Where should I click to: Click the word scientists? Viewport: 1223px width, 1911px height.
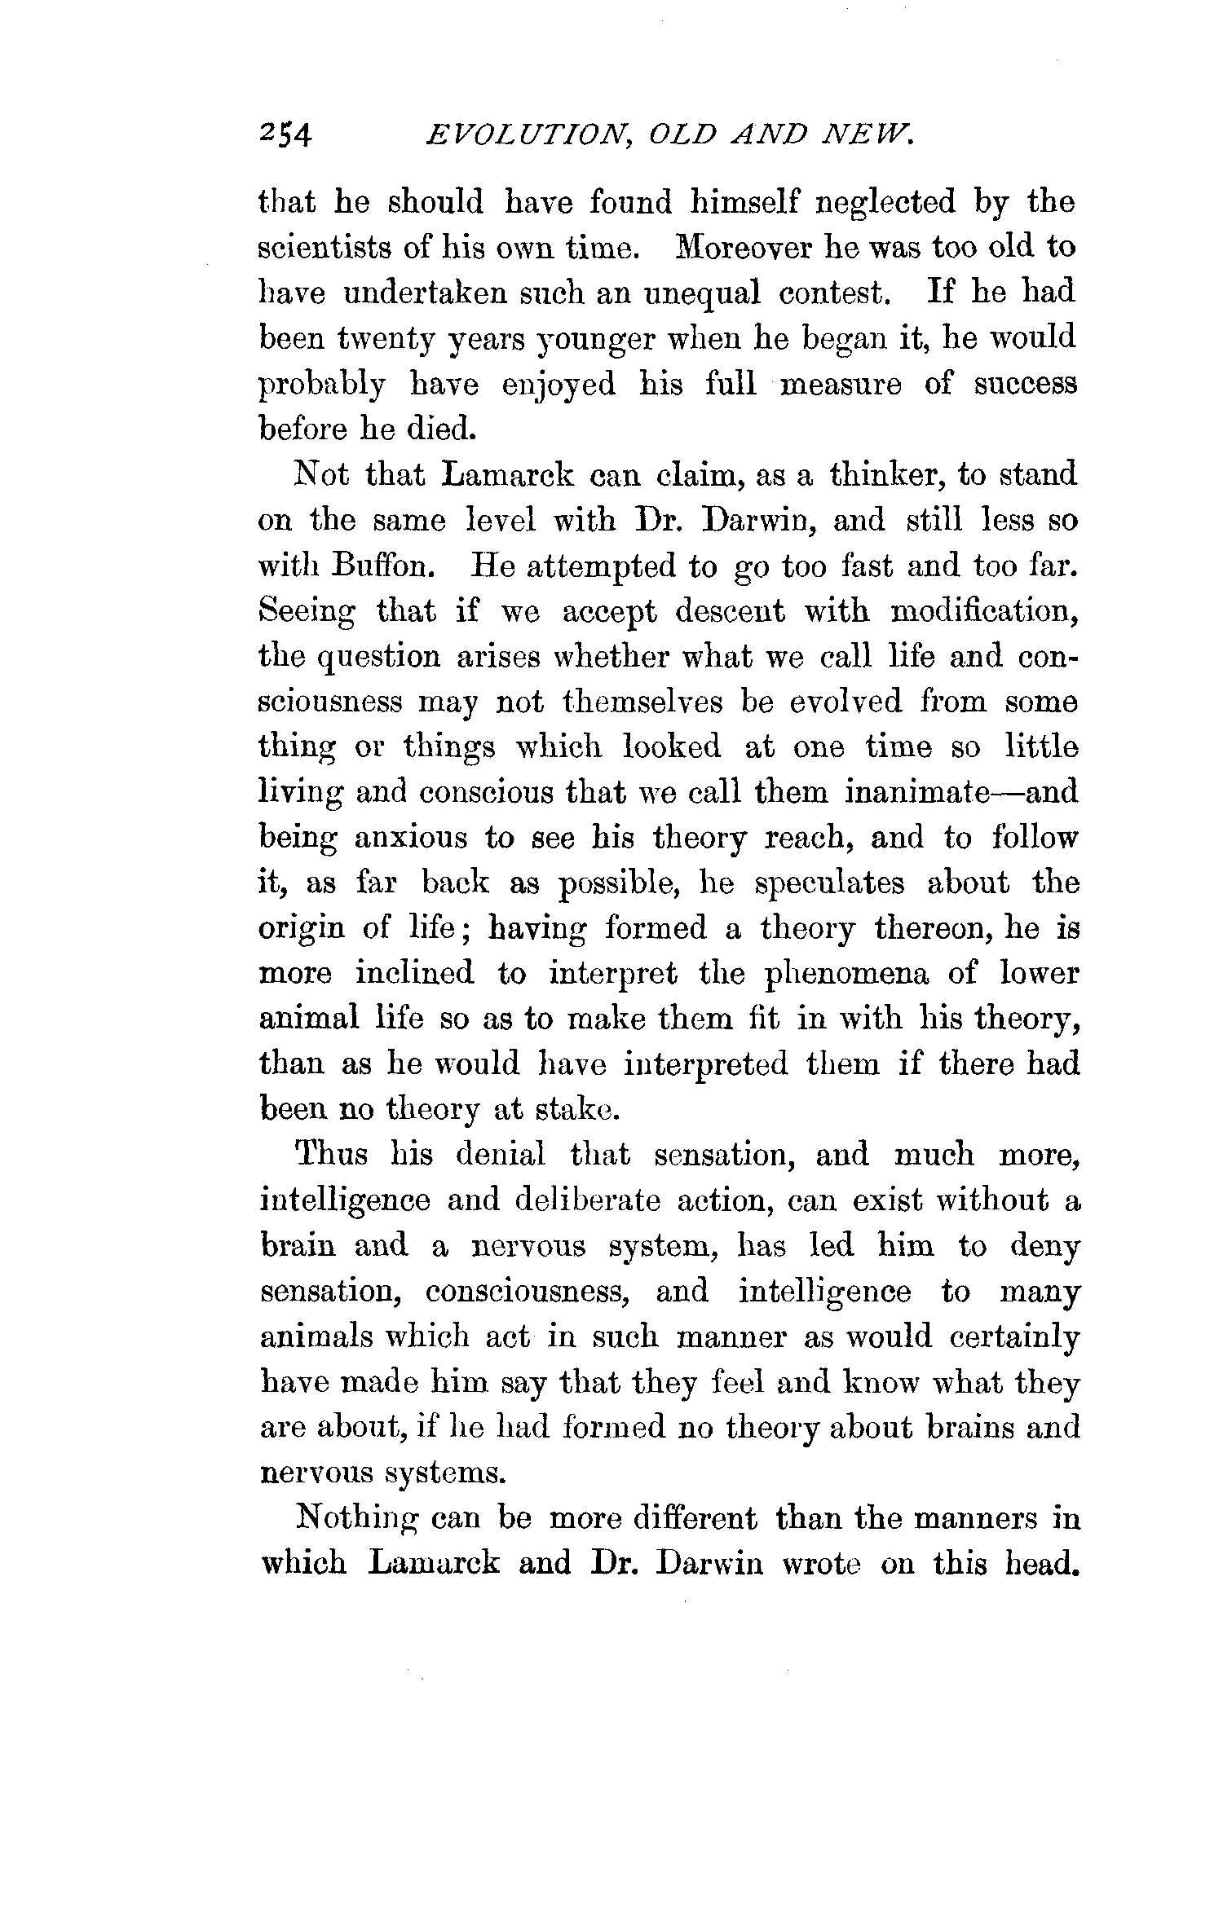point(324,248)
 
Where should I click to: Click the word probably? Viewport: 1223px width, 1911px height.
point(321,385)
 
